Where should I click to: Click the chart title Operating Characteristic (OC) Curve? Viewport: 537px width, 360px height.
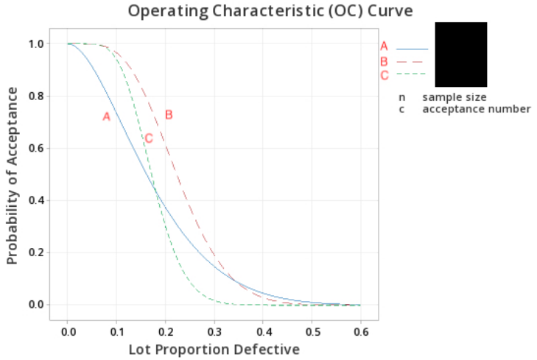270,11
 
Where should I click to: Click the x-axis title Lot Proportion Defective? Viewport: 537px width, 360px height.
214,348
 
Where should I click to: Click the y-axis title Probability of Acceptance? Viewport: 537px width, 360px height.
12,174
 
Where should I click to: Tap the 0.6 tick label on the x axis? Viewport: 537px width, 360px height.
360,331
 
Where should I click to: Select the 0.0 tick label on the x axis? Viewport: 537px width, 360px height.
68,331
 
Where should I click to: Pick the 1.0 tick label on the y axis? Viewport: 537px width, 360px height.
35,44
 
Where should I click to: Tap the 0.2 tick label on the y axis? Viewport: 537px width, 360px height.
35,253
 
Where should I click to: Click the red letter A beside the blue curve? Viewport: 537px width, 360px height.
106,116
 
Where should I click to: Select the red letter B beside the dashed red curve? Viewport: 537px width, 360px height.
169,115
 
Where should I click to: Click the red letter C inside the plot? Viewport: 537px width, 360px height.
149,138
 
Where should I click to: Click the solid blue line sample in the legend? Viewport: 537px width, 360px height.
412,49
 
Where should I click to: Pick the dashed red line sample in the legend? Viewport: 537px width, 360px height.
412,62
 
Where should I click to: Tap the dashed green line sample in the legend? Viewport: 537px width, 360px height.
412,74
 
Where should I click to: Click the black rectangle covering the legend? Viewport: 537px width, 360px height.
460,54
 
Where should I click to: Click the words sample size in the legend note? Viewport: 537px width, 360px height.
454,97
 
